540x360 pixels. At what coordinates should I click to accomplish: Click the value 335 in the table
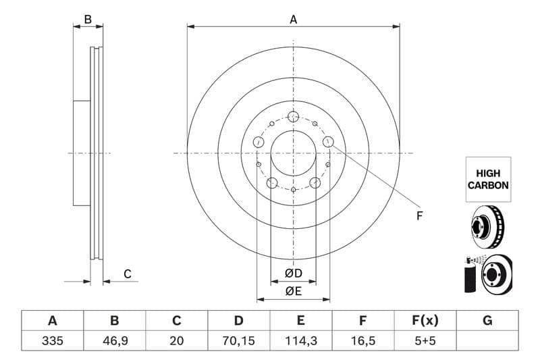(x=52, y=341)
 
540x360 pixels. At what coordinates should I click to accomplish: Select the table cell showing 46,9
(x=114, y=341)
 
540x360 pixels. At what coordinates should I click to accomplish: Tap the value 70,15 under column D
(x=239, y=341)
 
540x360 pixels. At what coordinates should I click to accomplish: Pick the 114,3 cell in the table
(x=301, y=341)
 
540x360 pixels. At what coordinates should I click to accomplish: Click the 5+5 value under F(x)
(x=425, y=341)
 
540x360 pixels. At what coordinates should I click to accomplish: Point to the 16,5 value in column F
(x=363, y=341)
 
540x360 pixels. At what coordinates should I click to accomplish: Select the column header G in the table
(x=487, y=321)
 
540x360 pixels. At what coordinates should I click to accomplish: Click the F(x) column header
(x=425, y=321)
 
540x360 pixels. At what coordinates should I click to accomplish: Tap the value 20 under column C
(x=177, y=341)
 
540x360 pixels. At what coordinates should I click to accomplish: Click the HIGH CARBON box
(x=487, y=179)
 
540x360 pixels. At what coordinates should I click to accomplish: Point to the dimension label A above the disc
(x=293, y=20)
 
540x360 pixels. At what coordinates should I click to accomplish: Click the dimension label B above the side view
(x=88, y=20)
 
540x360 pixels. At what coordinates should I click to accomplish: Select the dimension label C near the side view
(x=127, y=274)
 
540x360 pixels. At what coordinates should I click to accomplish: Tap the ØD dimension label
(x=293, y=274)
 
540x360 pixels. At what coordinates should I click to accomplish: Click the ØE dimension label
(x=293, y=292)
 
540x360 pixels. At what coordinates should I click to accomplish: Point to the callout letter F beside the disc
(x=419, y=216)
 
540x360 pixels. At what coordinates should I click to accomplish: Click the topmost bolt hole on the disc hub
(x=293, y=117)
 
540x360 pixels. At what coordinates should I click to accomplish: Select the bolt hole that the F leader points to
(x=328, y=141)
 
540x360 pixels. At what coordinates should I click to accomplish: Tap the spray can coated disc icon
(x=487, y=274)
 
